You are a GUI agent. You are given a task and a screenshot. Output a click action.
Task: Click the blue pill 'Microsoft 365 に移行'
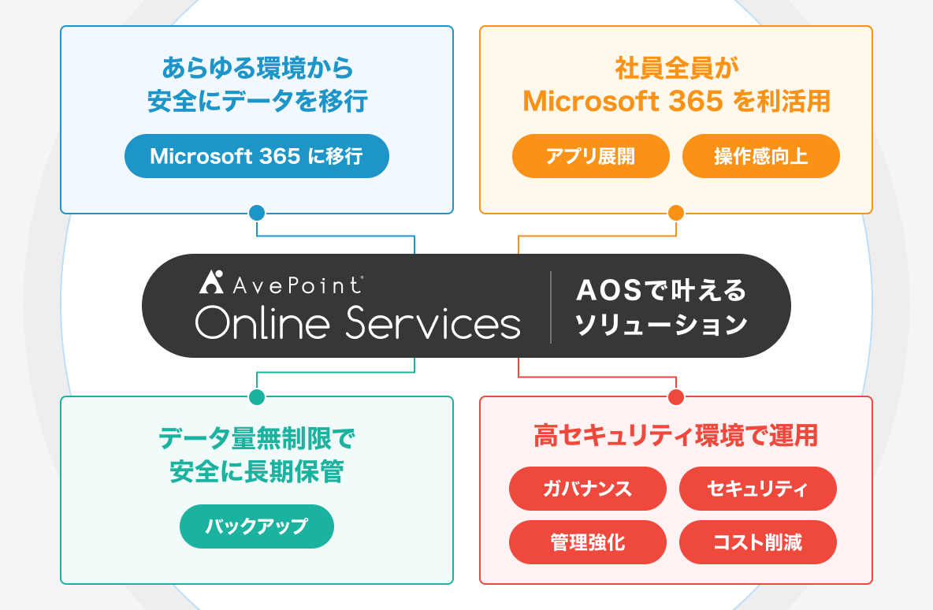[x=256, y=156]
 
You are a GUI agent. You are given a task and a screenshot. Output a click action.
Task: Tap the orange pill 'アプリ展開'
[x=591, y=156]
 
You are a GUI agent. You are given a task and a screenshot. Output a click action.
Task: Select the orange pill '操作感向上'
[x=761, y=156]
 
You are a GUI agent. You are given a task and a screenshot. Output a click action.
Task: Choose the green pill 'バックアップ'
[x=256, y=526]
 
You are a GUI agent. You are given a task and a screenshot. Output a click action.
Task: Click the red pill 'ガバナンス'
[x=587, y=489]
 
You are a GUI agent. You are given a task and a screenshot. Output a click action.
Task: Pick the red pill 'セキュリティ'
[x=757, y=489]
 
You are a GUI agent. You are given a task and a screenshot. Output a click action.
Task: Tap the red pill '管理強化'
[x=587, y=542]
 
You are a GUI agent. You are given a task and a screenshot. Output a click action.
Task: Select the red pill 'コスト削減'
[x=757, y=542]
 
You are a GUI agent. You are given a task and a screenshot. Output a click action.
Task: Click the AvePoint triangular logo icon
[x=211, y=283]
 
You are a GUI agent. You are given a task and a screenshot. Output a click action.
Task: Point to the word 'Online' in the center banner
[x=262, y=322]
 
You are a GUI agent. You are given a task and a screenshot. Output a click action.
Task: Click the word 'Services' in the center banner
[x=433, y=322]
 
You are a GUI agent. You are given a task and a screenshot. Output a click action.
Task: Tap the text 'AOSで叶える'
[x=661, y=290]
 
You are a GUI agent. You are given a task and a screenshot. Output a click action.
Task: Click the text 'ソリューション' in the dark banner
[x=661, y=325]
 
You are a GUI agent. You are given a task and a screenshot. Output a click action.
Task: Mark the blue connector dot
[x=257, y=213]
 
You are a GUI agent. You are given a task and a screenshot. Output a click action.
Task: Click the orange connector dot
[x=676, y=213]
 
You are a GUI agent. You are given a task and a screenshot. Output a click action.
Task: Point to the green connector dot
[x=257, y=397]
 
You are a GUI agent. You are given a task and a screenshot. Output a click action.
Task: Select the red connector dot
[x=676, y=397]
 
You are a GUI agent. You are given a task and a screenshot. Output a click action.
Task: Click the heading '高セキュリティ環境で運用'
[x=676, y=435]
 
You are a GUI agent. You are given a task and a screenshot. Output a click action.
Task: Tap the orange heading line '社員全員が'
[x=676, y=69]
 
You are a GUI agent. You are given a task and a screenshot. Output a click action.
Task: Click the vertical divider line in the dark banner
[x=551, y=307]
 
